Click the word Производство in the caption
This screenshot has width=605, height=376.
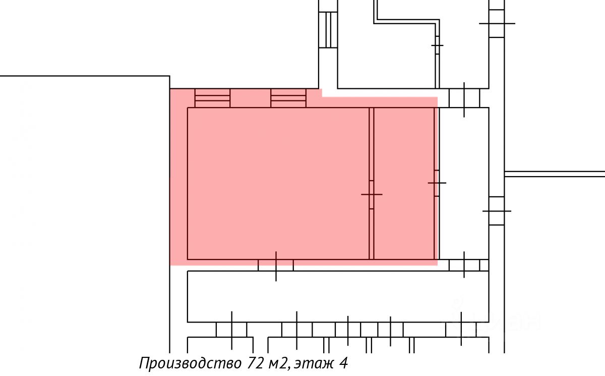pyautogui.click(x=191, y=363)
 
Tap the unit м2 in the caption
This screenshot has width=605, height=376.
pyautogui.click(x=280, y=363)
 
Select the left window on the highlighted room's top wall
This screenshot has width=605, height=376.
pyautogui.click(x=212, y=98)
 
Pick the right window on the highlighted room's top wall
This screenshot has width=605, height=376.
pyautogui.click(x=288, y=98)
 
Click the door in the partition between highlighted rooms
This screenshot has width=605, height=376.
pyautogui.click(x=372, y=194)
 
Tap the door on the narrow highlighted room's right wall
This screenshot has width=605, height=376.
pyautogui.click(x=437, y=182)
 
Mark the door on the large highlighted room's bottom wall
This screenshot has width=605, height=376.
pyautogui.click(x=276, y=265)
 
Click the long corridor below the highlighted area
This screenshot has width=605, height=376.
pyautogui.click(x=338, y=296)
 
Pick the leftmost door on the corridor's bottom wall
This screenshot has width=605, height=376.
pyautogui.click(x=231, y=330)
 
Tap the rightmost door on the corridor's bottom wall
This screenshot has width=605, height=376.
pyautogui.click(x=461, y=330)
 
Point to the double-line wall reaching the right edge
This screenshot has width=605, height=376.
pyautogui.click(x=555, y=174)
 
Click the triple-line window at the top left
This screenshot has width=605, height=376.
pyautogui.click(x=328, y=30)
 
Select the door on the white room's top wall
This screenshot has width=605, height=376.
pyautogui.click(x=464, y=98)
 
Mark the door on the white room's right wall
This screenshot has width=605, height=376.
pyautogui.click(x=497, y=210)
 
